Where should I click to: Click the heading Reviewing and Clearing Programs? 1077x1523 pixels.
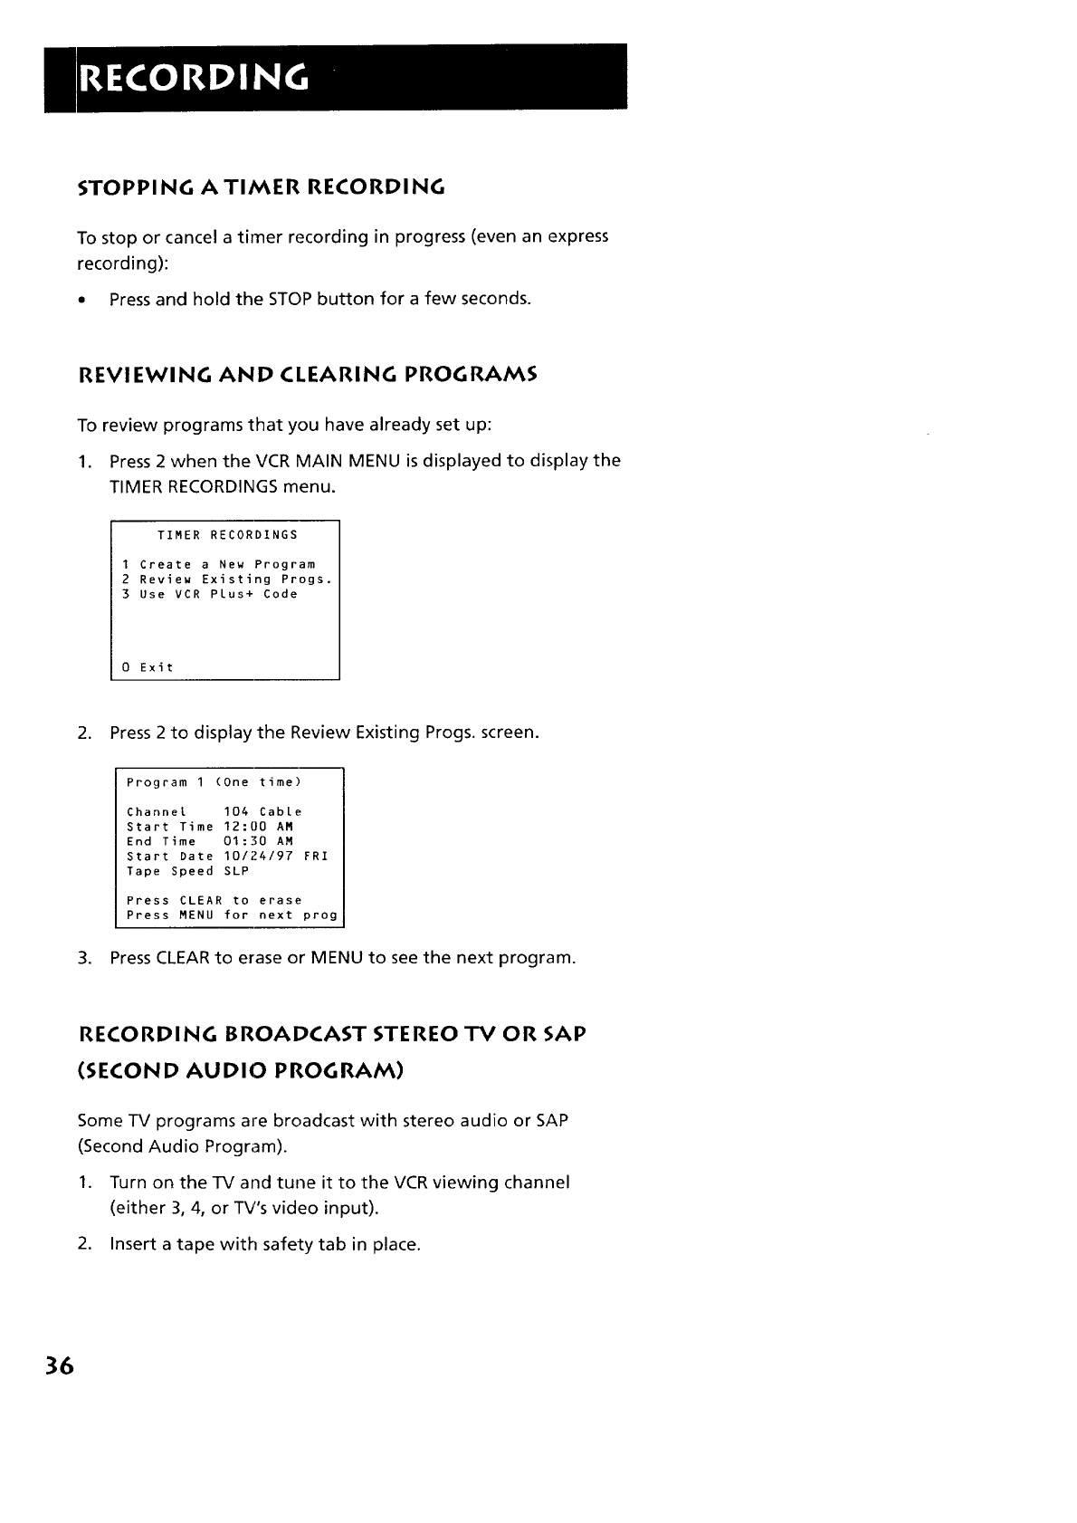(x=308, y=374)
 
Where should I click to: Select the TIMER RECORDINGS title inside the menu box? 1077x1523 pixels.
(x=227, y=535)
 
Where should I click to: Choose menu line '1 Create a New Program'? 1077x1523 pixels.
(x=219, y=564)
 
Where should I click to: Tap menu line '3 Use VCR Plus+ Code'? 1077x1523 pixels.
(x=210, y=594)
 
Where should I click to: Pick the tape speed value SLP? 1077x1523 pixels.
(x=236, y=871)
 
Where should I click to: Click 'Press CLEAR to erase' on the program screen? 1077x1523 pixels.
(x=214, y=901)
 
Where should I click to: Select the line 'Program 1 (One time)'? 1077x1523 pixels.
(x=214, y=782)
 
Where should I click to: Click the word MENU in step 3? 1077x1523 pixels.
(x=337, y=958)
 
